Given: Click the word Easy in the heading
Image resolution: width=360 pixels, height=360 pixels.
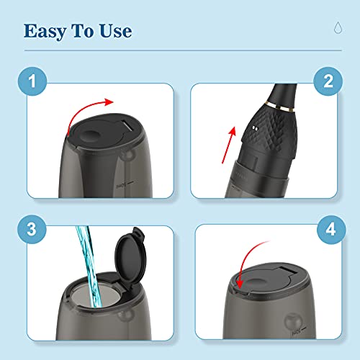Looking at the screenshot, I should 46,31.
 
